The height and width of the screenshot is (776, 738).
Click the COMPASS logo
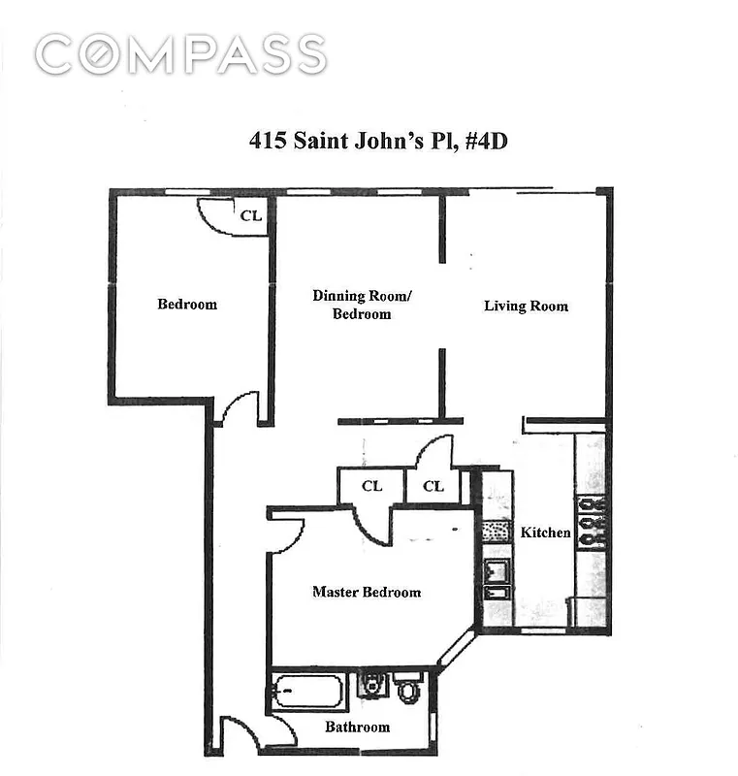pos(180,54)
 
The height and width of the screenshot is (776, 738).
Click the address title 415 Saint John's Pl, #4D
pos(378,141)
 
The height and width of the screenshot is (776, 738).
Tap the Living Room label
pos(526,307)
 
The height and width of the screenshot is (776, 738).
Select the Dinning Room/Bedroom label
pos(362,305)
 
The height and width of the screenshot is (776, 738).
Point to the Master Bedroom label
pos(367,592)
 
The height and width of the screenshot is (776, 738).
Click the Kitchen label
pos(546,533)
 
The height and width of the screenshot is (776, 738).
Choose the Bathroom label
pos(357,727)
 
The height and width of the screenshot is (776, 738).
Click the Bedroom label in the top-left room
pos(187,305)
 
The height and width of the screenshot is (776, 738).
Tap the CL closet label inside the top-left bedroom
pos(250,216)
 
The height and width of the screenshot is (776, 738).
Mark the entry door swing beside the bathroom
pos(240,733)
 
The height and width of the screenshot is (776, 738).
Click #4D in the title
pos(484,141)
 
